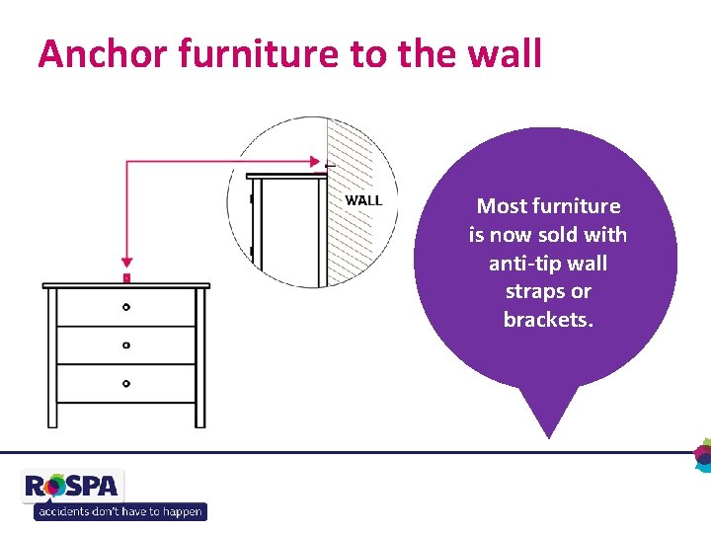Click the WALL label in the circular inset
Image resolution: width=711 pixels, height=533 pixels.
click(363, 200)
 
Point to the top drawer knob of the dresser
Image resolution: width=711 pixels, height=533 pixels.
click(125, 307)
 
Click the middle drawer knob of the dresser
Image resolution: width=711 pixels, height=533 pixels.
click(125, 345)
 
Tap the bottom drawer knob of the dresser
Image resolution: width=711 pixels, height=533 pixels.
click(125, 382)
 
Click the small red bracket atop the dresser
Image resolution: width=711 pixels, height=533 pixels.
click(125, 278)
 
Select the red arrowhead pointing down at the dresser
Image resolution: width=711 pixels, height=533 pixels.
click(125, 265)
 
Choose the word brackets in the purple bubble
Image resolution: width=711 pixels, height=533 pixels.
click(547, 320)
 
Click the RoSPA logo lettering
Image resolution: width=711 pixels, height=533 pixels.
click(72, 486)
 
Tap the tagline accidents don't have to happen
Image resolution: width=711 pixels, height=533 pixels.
click(119, 511)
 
